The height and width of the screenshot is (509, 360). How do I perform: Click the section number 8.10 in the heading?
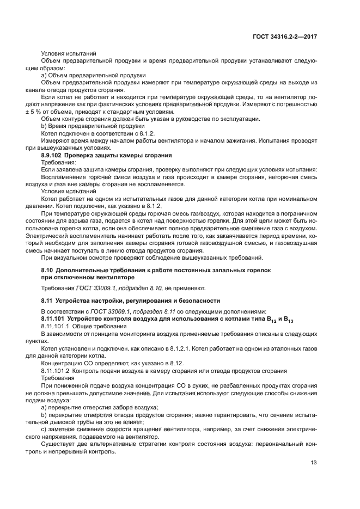click(47, 270)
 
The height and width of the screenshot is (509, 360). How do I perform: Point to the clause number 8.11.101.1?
click(58, 325)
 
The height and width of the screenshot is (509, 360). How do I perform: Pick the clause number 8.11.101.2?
click(58, 371)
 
